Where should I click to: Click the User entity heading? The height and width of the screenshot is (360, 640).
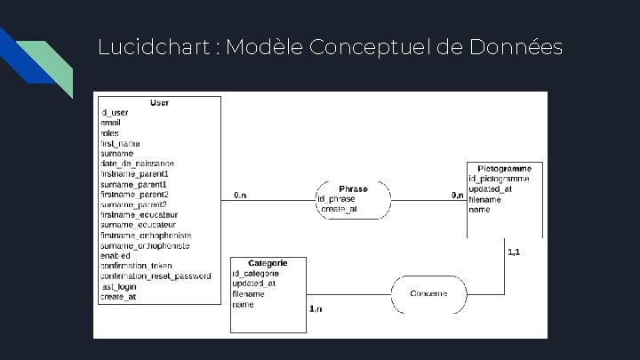tap(159, 103)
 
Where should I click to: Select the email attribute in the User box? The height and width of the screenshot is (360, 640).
tap(110, 123)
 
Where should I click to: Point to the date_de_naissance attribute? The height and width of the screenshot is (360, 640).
tap(137, 164)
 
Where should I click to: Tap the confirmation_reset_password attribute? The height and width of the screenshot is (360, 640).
tap(156, 276)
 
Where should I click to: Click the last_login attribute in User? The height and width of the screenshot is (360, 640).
tap(118, 286)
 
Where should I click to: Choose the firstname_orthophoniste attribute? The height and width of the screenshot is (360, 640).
tap(145, 236)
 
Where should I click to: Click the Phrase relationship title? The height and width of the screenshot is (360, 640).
tap(353, 188)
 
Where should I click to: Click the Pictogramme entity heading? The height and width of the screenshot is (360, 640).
tap(504, 168)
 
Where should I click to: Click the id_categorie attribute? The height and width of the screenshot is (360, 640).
tap(255, 273)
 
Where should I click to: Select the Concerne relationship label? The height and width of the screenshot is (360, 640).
tap(429, 292)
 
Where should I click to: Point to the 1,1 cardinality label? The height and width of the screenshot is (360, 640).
tap(514, 252)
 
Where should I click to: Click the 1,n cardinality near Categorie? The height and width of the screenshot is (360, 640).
tap(316, 308)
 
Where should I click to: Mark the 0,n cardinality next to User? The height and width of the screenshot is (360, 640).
tap(240, 194)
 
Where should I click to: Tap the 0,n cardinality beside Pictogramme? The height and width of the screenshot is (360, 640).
tap(457, 194)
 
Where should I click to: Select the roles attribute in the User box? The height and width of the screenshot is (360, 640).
tap(110, 133)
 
